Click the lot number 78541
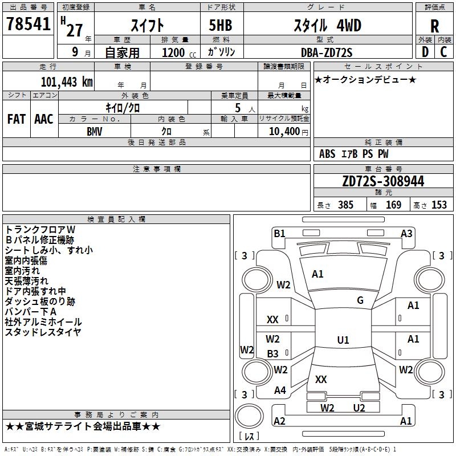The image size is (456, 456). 28,24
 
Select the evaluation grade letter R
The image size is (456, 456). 434,26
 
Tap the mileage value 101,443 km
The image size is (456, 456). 67,82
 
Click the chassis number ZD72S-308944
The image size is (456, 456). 383,181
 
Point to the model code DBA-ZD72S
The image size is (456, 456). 326,52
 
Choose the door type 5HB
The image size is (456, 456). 221,25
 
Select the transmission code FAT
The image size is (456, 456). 17,119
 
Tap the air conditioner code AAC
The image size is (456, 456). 44,119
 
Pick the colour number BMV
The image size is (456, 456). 94,132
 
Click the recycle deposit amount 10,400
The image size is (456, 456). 284,132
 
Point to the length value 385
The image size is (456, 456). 345,205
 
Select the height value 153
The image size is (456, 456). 439,205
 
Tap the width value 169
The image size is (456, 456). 393,205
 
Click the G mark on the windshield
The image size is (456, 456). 360,300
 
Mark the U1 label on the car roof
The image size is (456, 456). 343,340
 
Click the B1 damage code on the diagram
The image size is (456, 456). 279,234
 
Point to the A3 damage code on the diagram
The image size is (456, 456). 406,234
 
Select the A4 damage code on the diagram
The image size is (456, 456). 280,390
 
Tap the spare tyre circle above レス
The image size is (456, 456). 249,416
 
